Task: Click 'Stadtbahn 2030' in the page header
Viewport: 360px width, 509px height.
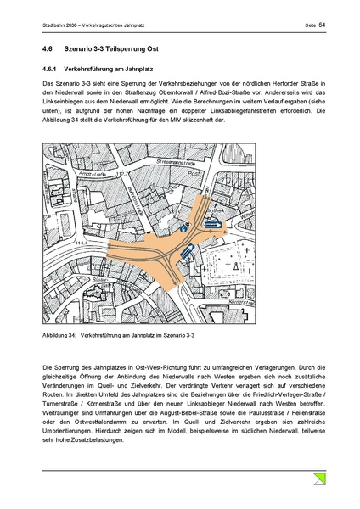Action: point(60,26)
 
